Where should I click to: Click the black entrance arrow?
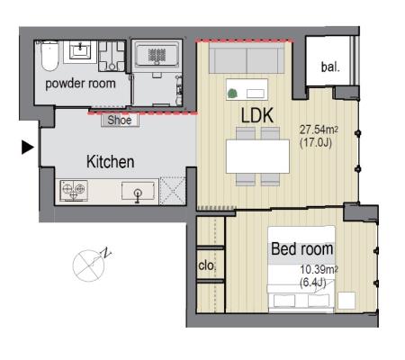(27, 148)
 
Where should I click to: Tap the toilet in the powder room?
(49, 56)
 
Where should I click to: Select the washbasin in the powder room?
(80, 50)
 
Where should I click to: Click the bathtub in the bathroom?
(157, 54)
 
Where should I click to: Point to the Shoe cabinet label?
(120, 120)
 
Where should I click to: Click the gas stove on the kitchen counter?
(74, 190)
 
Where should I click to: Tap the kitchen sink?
(138, 192)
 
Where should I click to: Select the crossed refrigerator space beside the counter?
(173, 191)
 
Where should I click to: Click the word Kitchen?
(110, 162)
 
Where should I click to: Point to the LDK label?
(257, 115)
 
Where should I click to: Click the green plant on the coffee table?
(231, 94)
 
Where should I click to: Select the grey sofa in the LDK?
(247, 58)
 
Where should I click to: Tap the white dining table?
(257, 157)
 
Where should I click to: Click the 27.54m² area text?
(319, 130)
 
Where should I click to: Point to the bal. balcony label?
(330, 67)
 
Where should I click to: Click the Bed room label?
(302, 249)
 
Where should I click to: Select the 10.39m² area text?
(319, 269)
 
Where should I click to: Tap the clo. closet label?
(206, 265)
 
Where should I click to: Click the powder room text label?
(80, 84)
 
